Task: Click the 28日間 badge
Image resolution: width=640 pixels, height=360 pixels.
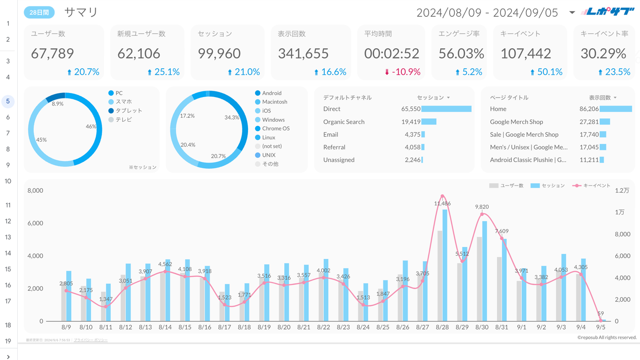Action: point(39,12)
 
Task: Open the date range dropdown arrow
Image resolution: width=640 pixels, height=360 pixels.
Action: point(572,12)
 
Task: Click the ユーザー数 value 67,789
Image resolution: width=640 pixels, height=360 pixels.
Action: point(52,54)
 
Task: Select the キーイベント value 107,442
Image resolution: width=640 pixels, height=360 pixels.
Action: point(526,54)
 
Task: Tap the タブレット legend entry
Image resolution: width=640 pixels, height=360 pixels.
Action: point(128,111)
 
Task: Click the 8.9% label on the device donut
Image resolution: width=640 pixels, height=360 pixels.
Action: point(58,104)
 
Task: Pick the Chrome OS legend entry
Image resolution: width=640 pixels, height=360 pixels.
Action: point(275,128)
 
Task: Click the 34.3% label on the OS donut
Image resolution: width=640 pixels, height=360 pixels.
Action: point(232,118)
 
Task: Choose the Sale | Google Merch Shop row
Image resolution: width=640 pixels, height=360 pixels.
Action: point(524,135)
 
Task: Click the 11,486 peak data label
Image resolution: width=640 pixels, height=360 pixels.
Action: point(442,204)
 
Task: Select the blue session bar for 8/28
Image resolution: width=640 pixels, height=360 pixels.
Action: point(445,266)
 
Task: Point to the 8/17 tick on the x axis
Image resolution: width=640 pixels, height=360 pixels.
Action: point(225,327)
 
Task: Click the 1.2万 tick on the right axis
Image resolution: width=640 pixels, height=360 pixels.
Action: point(622,191)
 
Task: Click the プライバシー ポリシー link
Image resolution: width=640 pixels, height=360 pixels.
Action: point(90,340)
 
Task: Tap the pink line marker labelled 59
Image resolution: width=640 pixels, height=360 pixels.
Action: point(601,321)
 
